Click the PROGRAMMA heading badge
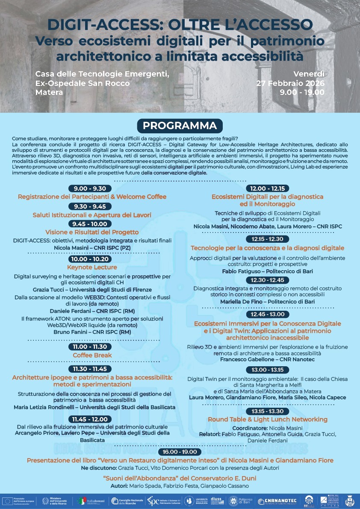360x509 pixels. (180, 126)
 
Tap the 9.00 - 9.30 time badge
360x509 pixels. (90, 188)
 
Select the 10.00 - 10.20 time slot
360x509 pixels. (90, 259)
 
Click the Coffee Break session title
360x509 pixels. (92, 355)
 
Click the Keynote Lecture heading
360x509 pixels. (92, 268)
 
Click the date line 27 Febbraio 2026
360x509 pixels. (290, 83)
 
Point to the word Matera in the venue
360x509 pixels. (49, 92)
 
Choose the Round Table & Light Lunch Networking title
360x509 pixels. (268, 419)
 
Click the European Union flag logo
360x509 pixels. (7, 500)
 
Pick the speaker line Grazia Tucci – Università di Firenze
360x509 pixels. (92, 290)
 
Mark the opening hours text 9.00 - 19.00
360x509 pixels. (302, 92)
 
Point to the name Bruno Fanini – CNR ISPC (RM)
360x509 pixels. (92, 332)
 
